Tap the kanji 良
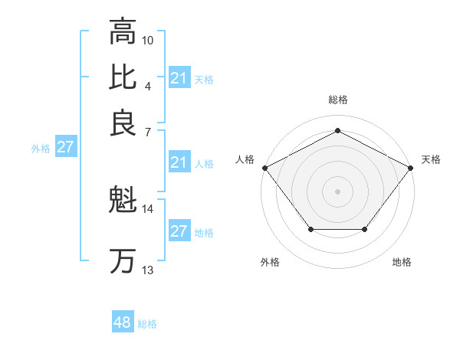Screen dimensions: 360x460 (x=123, y=123)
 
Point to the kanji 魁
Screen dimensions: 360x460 (x=123, y=201)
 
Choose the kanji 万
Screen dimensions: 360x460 (x=123, y=261)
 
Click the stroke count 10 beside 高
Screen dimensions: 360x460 (x=148, y=39)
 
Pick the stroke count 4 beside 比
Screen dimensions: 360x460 (x=148, y=85)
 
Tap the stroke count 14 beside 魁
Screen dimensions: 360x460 (x=148, y=208)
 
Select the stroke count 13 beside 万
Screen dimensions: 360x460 (x=148, y=270)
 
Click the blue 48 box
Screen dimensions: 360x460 (x=123, y=322)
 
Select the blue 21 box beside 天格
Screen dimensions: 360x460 (x=179, y=78)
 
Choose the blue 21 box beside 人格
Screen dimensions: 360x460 (x=179, y=162)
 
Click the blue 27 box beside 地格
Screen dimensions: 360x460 (x=179, y=231)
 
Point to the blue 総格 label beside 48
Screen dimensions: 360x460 (x=148, y=324)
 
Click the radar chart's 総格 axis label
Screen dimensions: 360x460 (x=337, y=100)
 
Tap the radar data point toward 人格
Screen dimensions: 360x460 (x=264, y=167)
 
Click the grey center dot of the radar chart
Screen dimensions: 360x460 (x=337, y=191)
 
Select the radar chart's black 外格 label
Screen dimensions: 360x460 (x=270, y=262)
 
